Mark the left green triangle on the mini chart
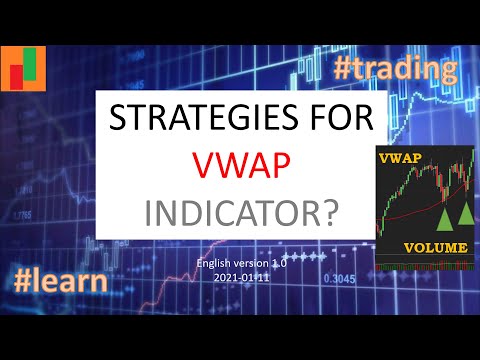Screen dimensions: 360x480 coord(442,219)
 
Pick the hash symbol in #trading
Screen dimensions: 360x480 coord(346,70)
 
